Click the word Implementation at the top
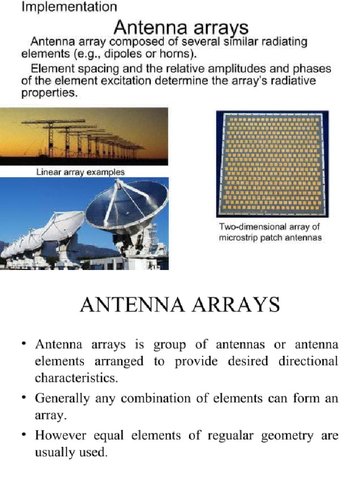point(69,7)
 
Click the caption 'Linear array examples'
point(81,172)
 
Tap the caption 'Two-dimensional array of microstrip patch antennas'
point(270,232)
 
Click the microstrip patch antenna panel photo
point(272,164)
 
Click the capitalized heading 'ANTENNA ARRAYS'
point(180,305)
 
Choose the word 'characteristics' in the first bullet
point(75,378)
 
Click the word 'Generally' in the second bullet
point(62,399)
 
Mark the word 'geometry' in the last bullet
point(287,435)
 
